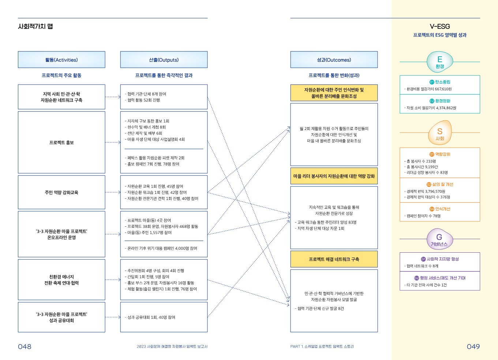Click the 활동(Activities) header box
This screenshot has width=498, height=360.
click(x=61, y=60)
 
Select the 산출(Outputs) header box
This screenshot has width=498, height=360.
click(x=164, y=60)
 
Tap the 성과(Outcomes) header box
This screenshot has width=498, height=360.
click(x=334, y=60)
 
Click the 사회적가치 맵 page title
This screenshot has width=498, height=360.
click(x=35, y=26)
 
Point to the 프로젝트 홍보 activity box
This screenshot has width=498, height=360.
click(x=61, y=142)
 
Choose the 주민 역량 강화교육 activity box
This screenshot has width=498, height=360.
click(x=61, y=192)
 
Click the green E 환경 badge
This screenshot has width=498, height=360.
click(x=440, y=62)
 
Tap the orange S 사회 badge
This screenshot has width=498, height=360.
click(x=440, y=134)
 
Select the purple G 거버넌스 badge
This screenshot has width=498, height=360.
click(x=439, y=240)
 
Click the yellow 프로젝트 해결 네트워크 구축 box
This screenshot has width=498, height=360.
click(x=334, y=259)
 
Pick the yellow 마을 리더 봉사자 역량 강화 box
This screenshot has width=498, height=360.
click(x=334, y=176)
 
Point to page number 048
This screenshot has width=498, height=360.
click(x=25, y=346)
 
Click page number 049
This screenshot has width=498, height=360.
click(x=473, y=346)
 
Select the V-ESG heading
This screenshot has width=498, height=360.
click(x=440, y=26)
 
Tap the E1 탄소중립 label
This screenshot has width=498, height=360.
click(x=440, y=82)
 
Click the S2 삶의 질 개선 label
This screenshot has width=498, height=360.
click(x=440, y=185)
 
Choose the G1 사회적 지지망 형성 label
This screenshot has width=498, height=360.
click(x=440, y=259)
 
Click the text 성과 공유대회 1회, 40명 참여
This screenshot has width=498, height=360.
click(x=151, y=318)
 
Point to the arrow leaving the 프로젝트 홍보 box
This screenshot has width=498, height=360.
click(x=113, y=142)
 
